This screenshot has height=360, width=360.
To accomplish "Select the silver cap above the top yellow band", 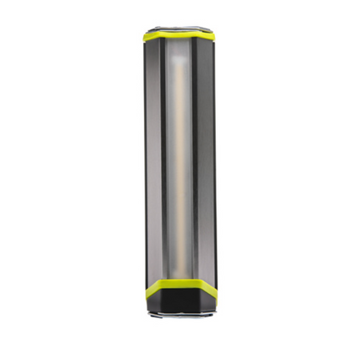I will click(179, 28).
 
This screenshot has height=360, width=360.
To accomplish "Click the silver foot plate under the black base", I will click(179, 316).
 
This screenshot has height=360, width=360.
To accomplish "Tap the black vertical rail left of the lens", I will click(162, 159).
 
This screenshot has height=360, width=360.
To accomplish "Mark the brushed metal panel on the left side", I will click(152, 159).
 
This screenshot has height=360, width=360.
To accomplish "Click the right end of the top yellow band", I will click(215, 37).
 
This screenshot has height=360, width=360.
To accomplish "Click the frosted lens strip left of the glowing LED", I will click(169, 159).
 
